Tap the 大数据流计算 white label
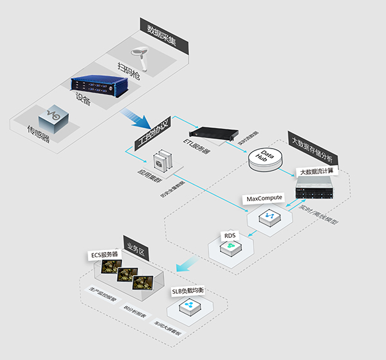(x=317, y=173)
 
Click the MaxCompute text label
(x=264, y=199)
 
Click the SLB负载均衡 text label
(x=190, y=291)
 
